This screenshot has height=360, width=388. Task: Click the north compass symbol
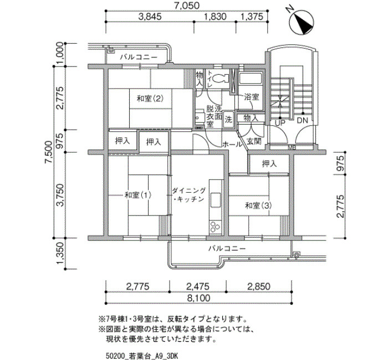(301, 22)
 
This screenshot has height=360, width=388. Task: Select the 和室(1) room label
(138, 195)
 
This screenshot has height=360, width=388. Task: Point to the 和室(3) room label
(258, 205)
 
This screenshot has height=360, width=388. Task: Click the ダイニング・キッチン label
(189, 195)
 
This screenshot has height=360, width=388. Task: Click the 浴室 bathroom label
(252, 97)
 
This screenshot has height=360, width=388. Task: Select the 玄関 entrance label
(254, 141)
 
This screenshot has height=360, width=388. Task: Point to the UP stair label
(280, 122)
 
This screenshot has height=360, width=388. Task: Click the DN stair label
(302, 121)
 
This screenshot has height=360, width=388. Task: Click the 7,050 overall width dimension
(187, 6)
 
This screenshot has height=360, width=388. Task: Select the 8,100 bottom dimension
(198, 298)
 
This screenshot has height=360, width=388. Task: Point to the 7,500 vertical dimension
(49, 152)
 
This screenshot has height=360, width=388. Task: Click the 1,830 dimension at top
(215, 17)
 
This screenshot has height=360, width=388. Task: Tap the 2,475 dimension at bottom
(197, 286)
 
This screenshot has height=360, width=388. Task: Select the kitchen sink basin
(216, 200)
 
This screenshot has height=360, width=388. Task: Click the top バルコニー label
(139, 58)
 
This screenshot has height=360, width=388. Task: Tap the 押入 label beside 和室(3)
(269, 163)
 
